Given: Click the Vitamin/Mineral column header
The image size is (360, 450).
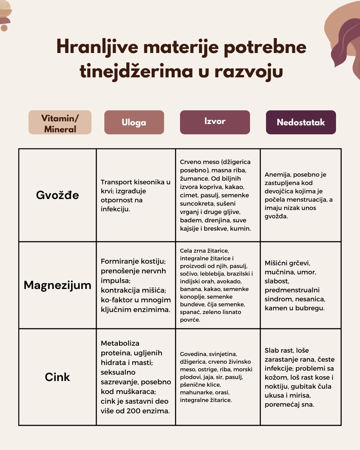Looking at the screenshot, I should (x=60, y=123).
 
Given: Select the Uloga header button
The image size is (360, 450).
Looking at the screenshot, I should (x=134, y=122).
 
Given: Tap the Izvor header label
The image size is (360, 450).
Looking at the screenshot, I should (x=215, y=121).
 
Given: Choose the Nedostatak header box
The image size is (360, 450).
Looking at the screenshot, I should (x=301, y=122).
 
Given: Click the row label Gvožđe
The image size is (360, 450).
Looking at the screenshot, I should (x=57, y=195).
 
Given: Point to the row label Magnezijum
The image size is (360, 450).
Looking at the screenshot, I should (x=57, y=285).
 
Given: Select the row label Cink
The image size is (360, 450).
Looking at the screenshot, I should (x=57, y=377).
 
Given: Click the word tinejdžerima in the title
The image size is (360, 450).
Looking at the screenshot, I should (x=136, y=71).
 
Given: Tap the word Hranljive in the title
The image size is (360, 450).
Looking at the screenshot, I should (x=97, y=47).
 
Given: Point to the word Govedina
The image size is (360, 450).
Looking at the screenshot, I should (x=193, y=354).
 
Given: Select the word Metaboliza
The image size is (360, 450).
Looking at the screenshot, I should (x=120, y=343).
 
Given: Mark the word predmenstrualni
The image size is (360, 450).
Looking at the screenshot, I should (x=292, y=290).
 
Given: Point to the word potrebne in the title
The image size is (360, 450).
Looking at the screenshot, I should (x=265, y=47).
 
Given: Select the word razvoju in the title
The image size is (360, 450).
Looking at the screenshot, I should (x=249, y=71).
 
